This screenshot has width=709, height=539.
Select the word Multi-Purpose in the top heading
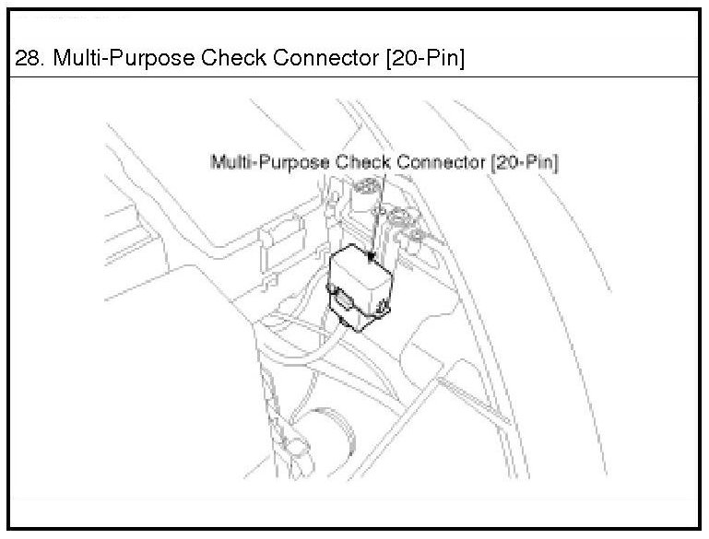pyautogui.click(x=106, y=58)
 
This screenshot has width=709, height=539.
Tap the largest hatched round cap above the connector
pyautogui.click(x=367, y=191)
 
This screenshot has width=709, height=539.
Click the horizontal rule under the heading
pyautogui.click(x=354, y=76)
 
